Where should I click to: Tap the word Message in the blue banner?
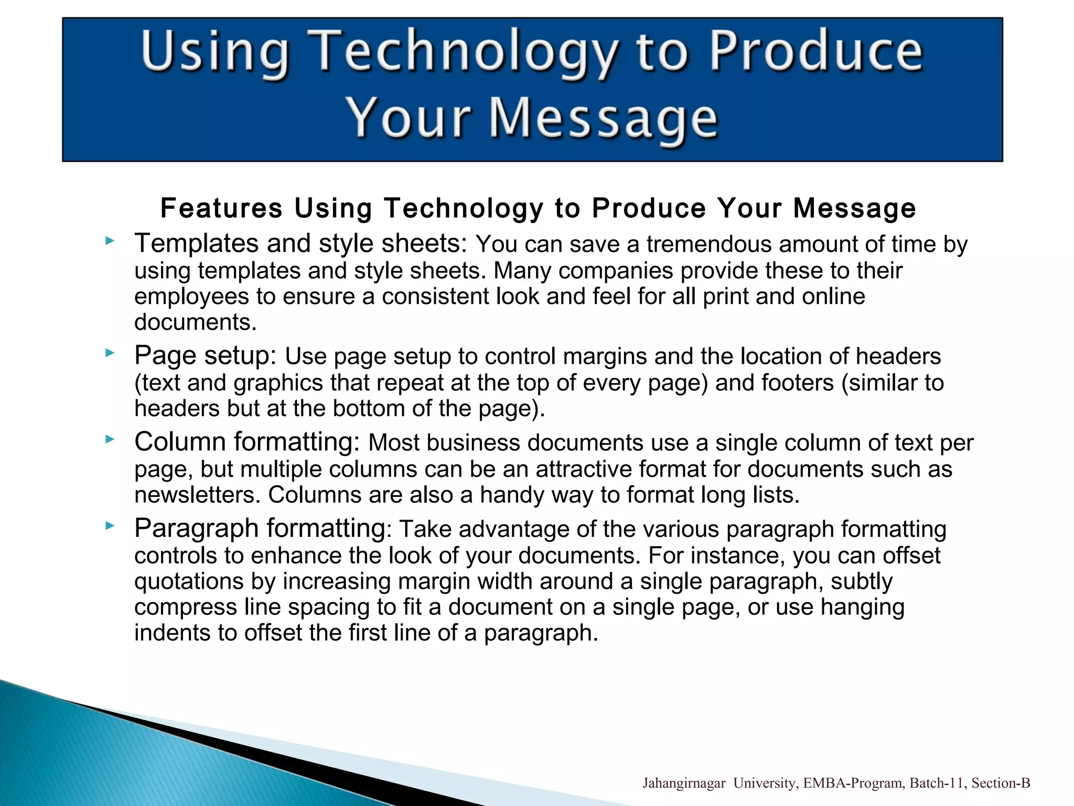click(603, 120)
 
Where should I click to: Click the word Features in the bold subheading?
click(221, 208)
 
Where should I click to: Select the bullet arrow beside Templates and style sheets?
click(109, 241)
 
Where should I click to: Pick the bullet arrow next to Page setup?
click(109, 353)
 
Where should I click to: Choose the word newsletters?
click(197, 495)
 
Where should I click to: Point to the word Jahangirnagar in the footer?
click(684, 783)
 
